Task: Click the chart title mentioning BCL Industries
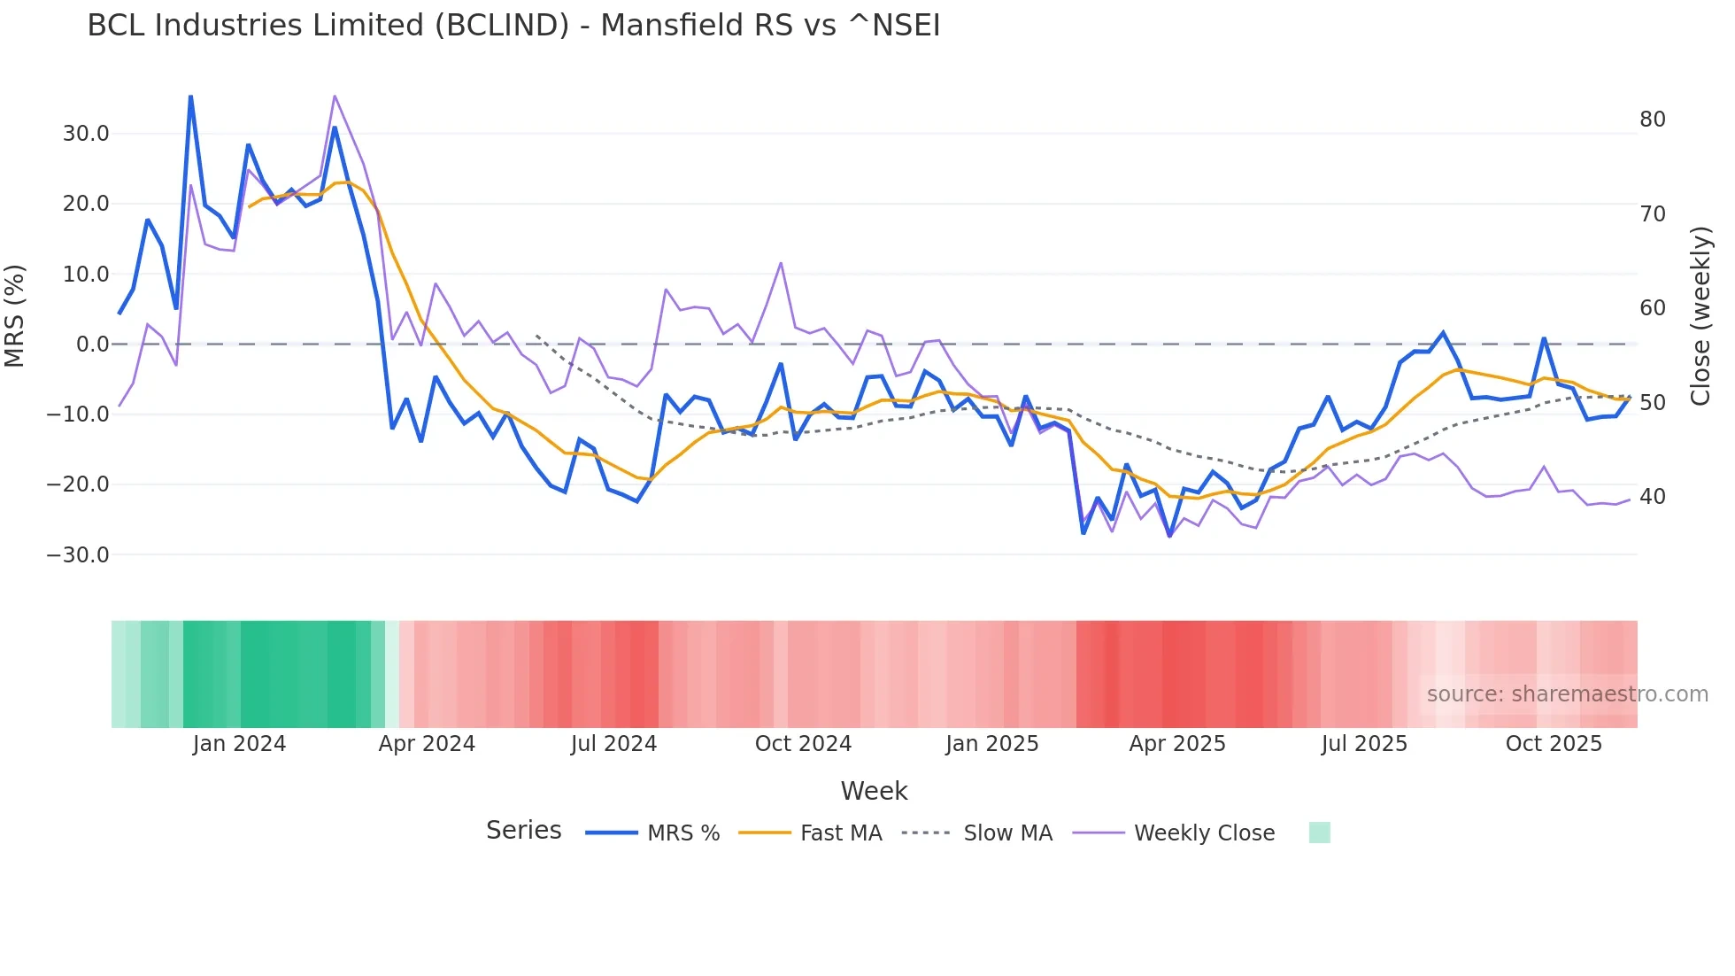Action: [x=513, y=26]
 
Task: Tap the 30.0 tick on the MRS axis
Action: [x=86, y=134]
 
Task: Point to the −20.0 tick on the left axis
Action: [x=78, y=484]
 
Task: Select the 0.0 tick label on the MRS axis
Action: [x=92, y=345]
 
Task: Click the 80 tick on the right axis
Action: [x=1652, y=120]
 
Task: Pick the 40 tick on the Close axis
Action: [x=1652, y=497]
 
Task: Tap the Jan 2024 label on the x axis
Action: [x=239, y=744]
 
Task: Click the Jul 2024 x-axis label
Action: [x=613, y=744]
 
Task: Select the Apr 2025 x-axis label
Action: [x=1177, y=744]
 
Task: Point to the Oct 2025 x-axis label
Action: [x=1554, y=744]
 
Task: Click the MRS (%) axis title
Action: [x=15, y=316]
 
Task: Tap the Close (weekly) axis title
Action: [x=1700, y=316]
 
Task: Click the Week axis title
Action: [x=874, y=791]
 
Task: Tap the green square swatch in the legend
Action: [x=1319, y=833]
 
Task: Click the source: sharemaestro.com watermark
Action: [x=1567, y=694]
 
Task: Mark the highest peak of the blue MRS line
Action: [x=190, y=97]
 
